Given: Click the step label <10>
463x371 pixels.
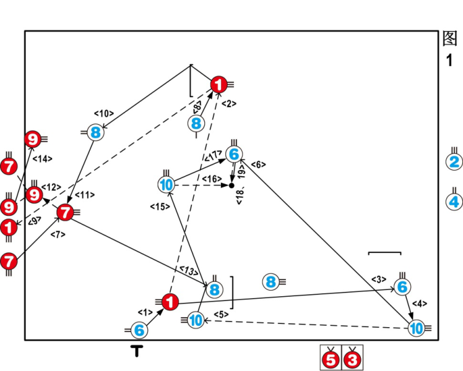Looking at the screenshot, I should pyautogui.click(x=103, y=114).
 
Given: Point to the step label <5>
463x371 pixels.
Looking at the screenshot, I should pyautogui.click(x=221, y=315).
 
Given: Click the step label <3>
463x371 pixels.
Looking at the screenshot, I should pyautogui.click(x=379, y=279).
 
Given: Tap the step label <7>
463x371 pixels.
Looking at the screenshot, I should pyautogui.click(x=58, y=234).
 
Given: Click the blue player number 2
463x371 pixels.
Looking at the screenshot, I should pyautogui.click(x=454, y=163).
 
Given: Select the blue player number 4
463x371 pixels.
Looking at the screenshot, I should pyautogui.click(x=454, y=202).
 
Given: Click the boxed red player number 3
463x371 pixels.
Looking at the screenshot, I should pyautogui.click(x=352, y=359).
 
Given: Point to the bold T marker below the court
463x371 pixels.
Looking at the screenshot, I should pyautogui.click(x=137, y=352).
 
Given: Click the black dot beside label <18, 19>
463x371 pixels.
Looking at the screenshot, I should pyautogui.click(x=231, y=185).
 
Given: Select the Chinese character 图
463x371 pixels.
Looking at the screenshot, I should pyautogui.click(x=450, y=38).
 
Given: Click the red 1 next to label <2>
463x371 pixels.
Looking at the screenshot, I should pyautogui.click(x=219, y=85).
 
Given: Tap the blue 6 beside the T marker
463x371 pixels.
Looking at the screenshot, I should pyautogui.click(x=139, y=331).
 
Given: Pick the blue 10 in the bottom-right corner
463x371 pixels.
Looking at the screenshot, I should pyautogui.click(x=417, y=328).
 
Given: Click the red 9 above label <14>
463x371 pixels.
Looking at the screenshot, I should pyautogui.click(x=32, y=140).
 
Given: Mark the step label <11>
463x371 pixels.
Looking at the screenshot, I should pyautogui.click(x=85, y=195).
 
